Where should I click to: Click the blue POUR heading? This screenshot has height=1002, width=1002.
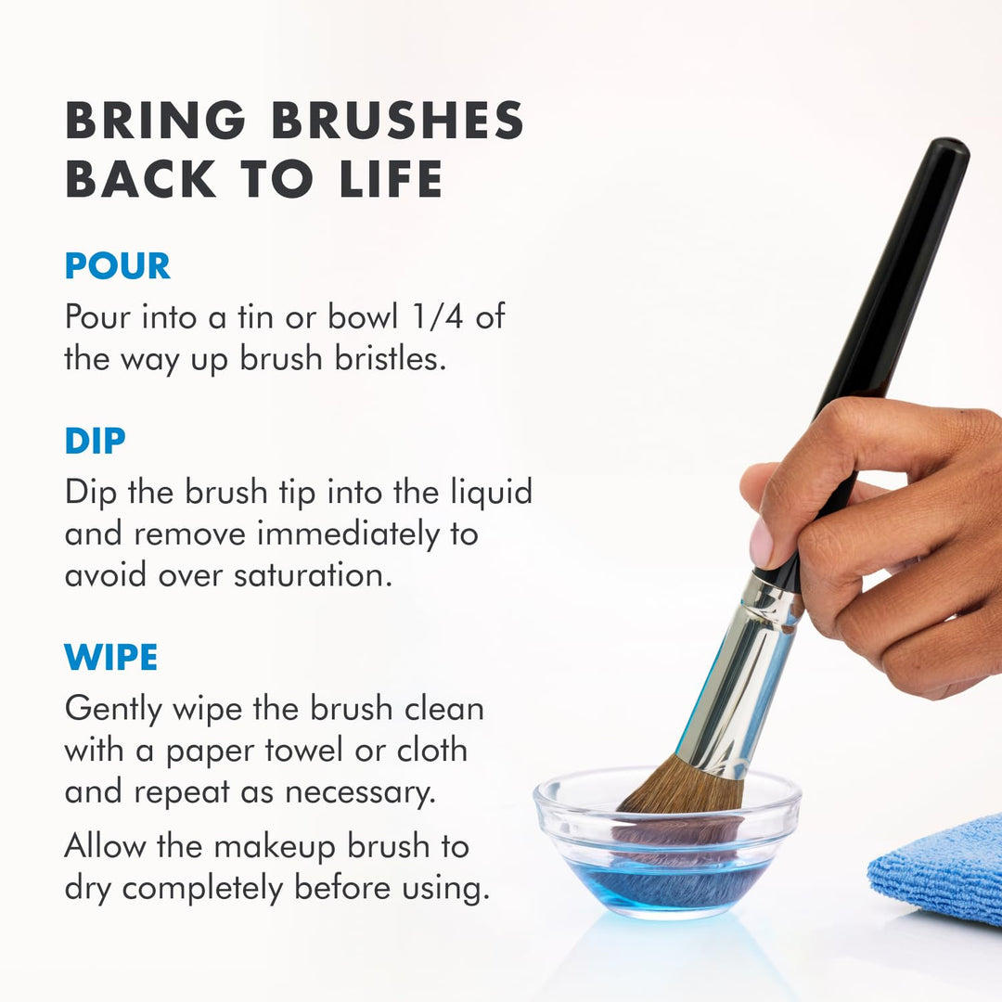(x=117, y=266)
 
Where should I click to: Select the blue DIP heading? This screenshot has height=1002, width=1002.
(x=95, y=442)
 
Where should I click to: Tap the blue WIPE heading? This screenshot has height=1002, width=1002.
(x=110, y=658)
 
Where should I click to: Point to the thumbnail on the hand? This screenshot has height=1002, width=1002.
(x=761, y=543)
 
